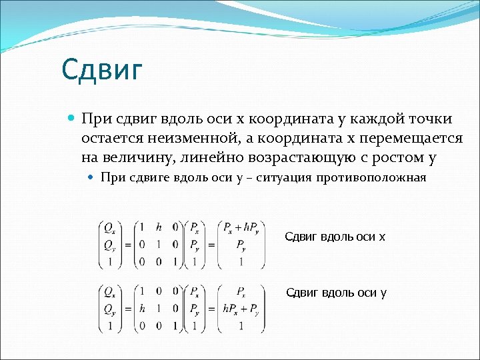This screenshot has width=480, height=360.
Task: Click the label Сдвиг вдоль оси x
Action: (x=335, y=237)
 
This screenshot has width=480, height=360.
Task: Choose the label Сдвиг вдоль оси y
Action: (x=336, y=293)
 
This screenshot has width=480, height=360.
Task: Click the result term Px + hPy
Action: (x=242, y=228)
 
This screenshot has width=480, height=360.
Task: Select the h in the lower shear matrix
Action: (x=142, y=309)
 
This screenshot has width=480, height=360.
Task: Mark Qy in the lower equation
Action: (x=108, y=309)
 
